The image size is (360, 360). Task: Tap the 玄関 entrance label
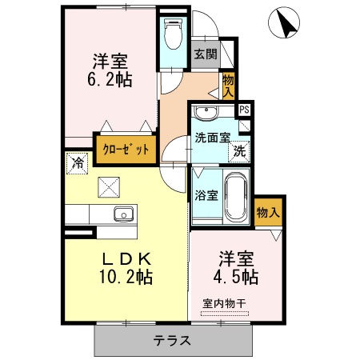(205, 55)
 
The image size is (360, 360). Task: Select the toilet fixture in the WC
(172, 34)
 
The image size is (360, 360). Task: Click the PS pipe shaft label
(244, 110)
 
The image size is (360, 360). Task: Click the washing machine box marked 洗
(238, 150)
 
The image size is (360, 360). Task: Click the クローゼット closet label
(125, 148)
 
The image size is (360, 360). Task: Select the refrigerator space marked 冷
(78, 162)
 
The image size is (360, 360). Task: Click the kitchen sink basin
(122, 214)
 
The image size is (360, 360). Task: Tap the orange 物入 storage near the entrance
(229, 84)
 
